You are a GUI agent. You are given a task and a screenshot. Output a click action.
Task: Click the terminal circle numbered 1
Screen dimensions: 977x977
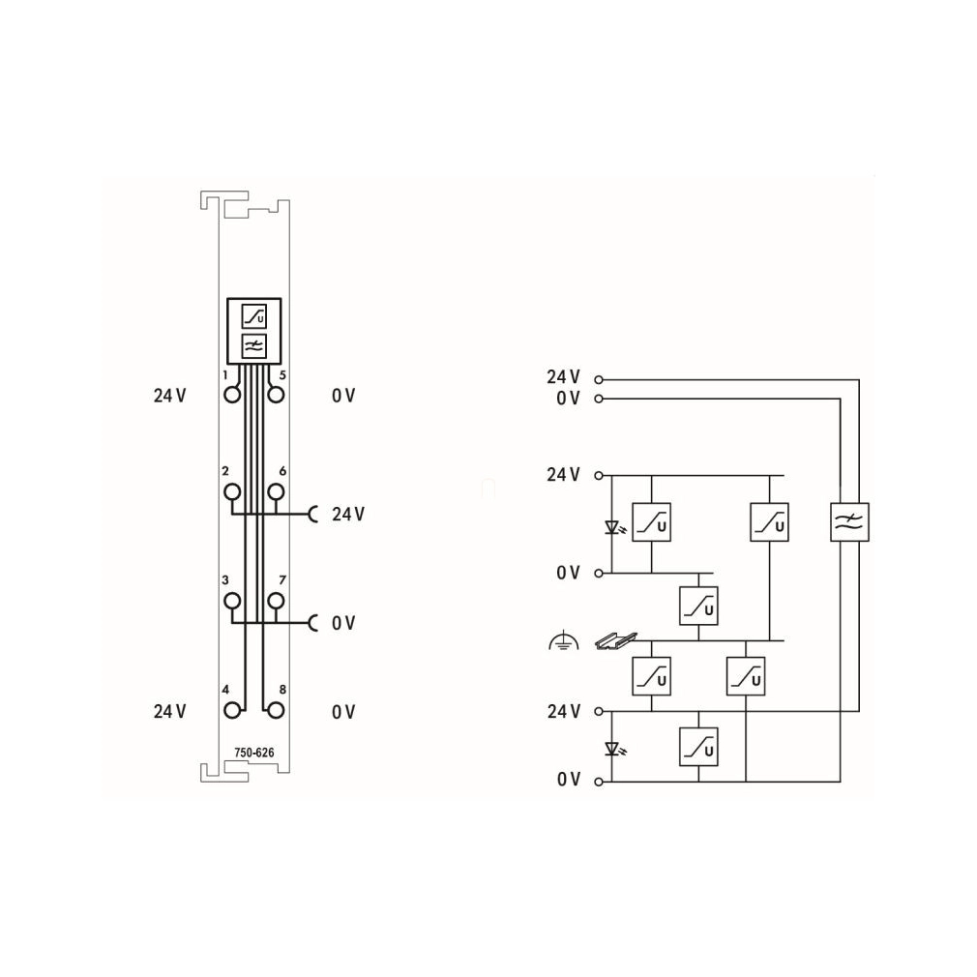(232, 395)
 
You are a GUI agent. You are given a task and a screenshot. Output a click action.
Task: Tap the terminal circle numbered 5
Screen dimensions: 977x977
(276, 395)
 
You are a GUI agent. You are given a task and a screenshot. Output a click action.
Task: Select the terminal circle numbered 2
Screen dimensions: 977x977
(232, 491)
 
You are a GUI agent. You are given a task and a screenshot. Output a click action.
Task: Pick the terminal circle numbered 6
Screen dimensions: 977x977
(276, 491)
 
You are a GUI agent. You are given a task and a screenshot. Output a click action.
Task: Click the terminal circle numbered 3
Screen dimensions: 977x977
(232, 601)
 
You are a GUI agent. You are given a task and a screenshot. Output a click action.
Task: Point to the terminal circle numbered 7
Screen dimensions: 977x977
(276, 601)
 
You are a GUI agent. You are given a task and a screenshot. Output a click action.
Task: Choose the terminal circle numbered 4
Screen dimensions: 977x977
(232, 710)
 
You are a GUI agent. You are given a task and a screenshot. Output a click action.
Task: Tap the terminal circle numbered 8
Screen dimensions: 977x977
(276, 710)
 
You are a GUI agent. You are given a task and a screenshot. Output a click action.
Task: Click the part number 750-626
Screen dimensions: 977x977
(254, 753)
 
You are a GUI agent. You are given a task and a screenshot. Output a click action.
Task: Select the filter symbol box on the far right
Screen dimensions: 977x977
(850, 522)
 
